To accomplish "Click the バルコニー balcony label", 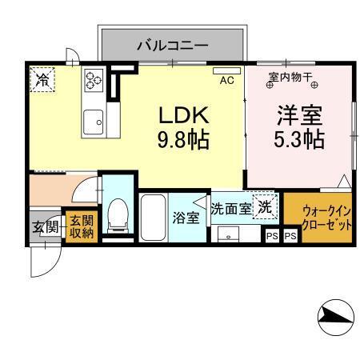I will (x=171, y=45).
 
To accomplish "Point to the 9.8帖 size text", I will (x=182, y=141).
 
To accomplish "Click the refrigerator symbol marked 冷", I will (x=42, y=79).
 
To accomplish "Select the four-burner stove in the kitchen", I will (x=95, y=80).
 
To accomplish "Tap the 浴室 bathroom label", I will (x=186, y=218).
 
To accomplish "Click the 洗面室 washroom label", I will (x=230, y=207).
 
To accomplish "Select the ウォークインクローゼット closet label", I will (x=326, y=218).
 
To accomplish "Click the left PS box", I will (x=272, y=236).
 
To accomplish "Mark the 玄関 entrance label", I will (x=45, y=226).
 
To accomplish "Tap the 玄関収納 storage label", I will (x=80, y=226).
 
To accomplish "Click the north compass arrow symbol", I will (x=334, y=320).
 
